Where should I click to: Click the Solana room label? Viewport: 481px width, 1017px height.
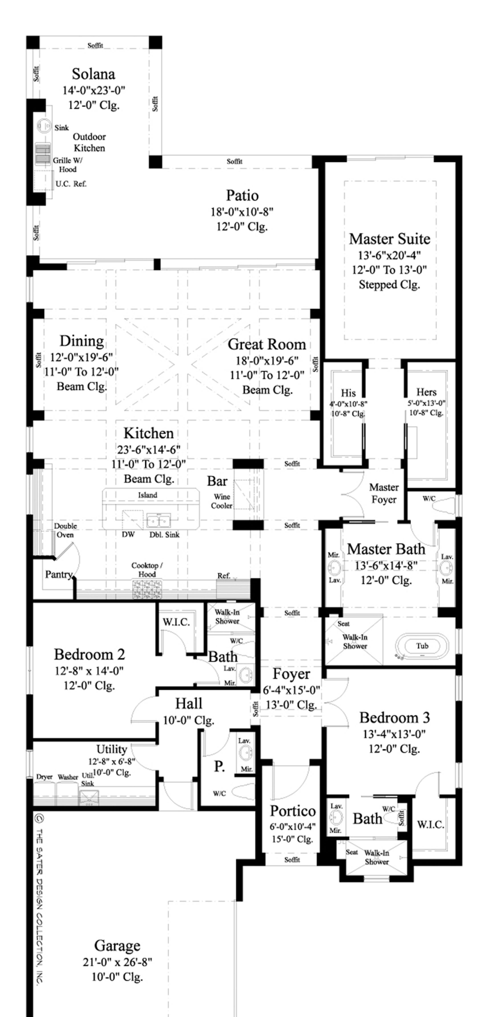(x=94, y=74)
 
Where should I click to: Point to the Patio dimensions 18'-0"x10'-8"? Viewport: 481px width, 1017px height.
(x=242, y=212)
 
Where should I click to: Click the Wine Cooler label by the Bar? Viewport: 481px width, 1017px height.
(x=222, y=501)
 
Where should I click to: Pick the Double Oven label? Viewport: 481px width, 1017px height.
(x=65, y=530)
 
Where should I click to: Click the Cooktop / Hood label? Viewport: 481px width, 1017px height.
(x=147, y=570)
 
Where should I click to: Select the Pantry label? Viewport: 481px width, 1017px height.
(x=58, y=575)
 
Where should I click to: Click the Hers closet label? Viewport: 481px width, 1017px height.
(x=426, y=392)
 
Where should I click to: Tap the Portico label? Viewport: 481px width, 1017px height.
(x=293, y=811)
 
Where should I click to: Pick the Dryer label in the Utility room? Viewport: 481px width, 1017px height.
(x=44, y=777)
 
